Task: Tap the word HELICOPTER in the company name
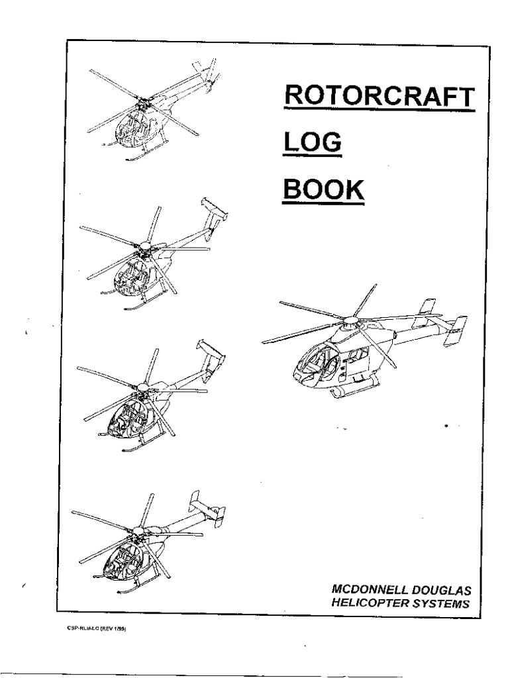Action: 365,603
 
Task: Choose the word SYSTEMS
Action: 441,603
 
